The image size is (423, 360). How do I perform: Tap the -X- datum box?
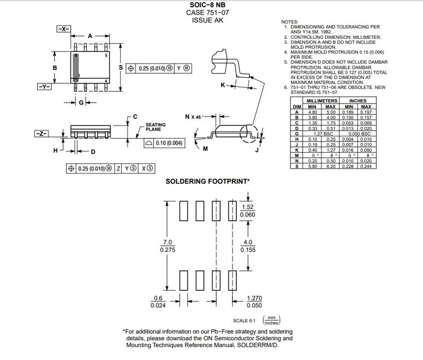63,28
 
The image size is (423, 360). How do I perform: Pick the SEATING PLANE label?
156,127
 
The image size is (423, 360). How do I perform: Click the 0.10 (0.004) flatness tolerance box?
164,143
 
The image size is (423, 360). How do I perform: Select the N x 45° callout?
194,117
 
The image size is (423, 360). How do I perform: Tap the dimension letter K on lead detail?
223,85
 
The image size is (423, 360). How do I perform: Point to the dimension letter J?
256,150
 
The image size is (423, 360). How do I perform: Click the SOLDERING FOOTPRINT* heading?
208,181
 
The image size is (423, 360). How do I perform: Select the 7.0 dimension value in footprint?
168,242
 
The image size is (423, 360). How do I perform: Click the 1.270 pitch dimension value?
254,299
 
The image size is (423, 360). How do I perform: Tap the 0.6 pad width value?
158,299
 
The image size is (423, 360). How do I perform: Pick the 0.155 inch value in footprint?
248,250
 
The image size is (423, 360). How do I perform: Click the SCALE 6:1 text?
244,321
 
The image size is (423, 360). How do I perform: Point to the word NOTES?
290,21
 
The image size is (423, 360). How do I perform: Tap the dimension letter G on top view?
81,103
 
